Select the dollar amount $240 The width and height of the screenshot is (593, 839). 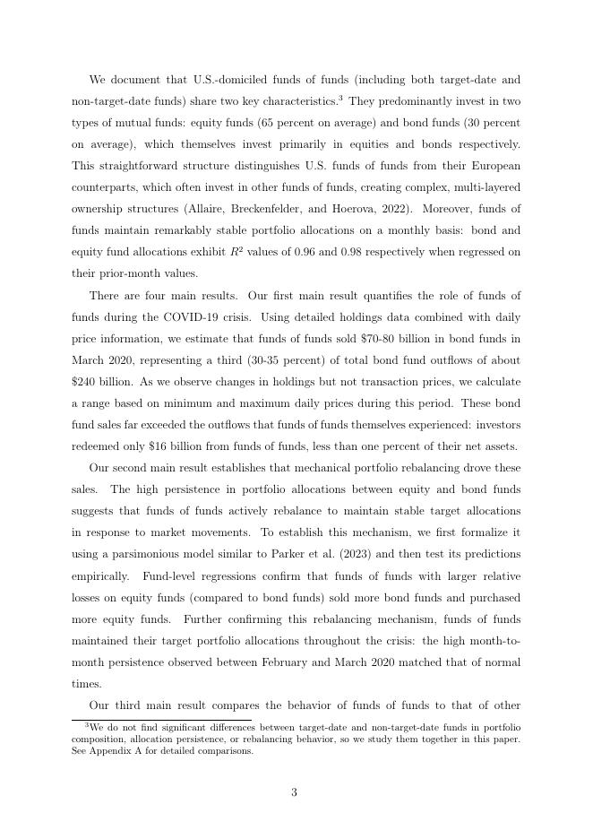click(84, 382)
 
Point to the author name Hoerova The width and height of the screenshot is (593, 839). click(395, 209)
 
